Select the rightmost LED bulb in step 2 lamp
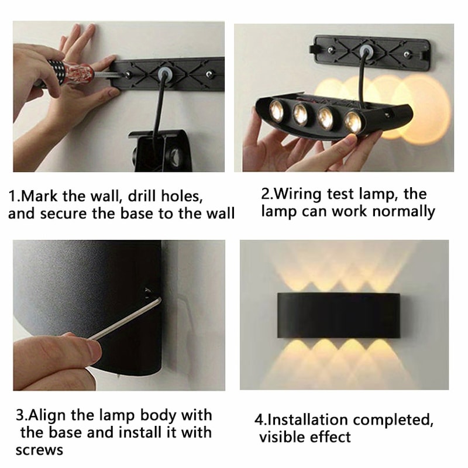pos(353,121)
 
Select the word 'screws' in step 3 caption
pos(39,450)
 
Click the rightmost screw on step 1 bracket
pos(209,74)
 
